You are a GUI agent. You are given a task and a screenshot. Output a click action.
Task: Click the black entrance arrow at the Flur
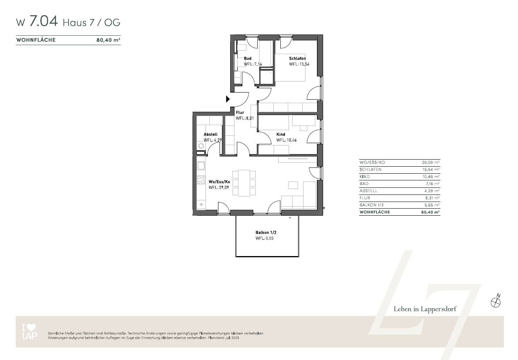[x=228, y=99]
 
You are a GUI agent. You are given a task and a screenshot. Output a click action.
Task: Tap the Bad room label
[x=247, y=58]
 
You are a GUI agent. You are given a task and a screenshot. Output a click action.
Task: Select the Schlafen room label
[x=297, y=58]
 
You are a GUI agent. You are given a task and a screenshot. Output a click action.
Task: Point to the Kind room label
[x=280, y=135]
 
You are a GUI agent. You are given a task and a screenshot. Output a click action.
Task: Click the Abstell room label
[x=210, y=135]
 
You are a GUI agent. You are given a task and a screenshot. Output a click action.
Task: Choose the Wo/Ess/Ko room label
[x=219, y=182]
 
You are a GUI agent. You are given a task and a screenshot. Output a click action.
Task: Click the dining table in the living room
[x=244, y=183]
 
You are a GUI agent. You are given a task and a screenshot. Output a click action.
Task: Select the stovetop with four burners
[x=201, y=180]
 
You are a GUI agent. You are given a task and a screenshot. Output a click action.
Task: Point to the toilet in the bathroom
[x=241, y=48]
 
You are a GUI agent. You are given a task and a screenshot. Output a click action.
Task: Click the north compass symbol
[x=496, y=302]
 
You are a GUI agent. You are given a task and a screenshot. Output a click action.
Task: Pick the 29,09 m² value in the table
[x=430, y=162]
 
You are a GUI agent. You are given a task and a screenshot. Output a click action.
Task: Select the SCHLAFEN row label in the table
[x=370, y=169]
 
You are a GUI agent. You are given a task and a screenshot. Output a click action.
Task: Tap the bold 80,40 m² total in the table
[x=430, y=212]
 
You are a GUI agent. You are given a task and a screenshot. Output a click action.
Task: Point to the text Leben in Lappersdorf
[x=425, y=309]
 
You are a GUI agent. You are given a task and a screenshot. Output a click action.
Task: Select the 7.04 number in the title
[x=44, y=22]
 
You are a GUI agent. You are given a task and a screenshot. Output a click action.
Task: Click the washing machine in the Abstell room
[x=201, y=146]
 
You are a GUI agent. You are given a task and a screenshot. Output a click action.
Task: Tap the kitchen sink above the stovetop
[x=201, y=165]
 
